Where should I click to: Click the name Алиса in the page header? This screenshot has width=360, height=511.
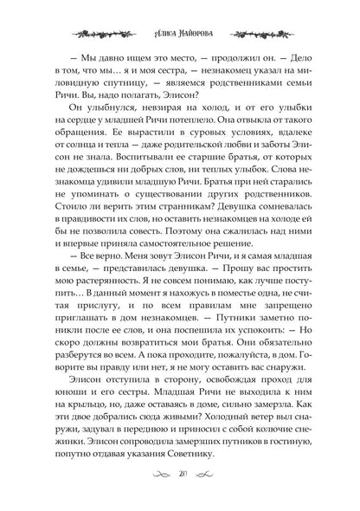(153, 16)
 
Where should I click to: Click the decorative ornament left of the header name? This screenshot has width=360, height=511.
(104, 16)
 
